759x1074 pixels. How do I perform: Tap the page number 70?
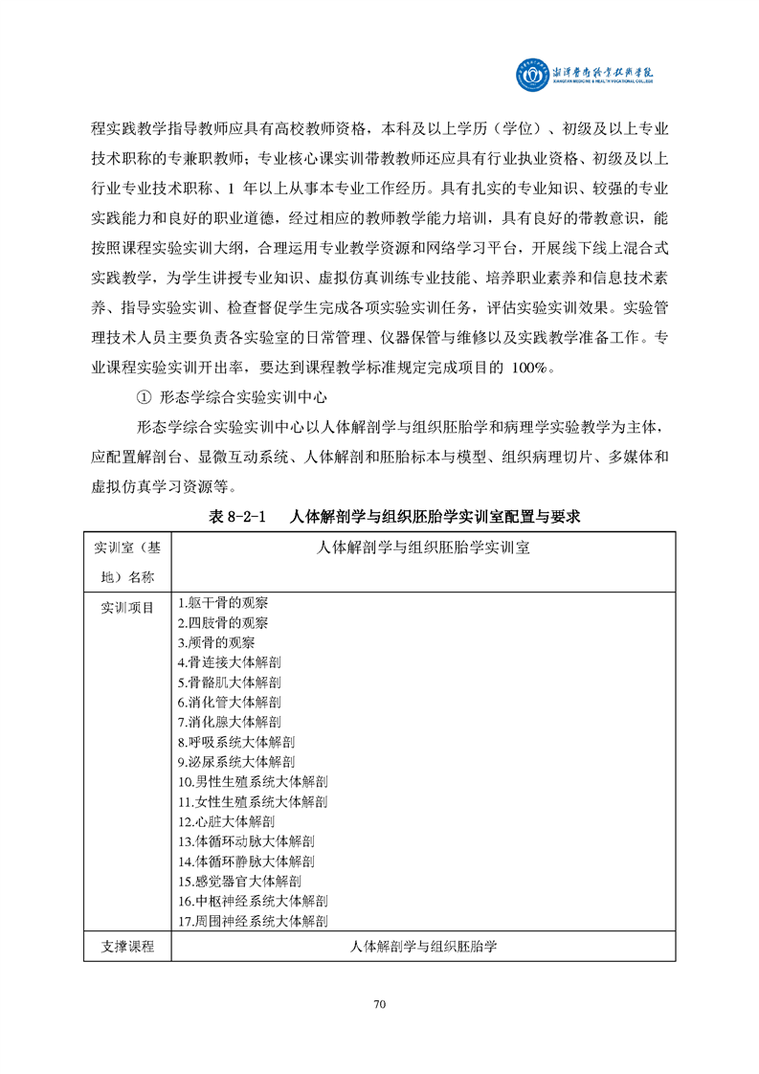pyautogui.click(x=379, y=1004)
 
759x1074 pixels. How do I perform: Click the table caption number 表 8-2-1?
pyautogui.click(x=235, y=516)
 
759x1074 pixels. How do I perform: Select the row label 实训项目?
pyautogui.click(x=126, y=607)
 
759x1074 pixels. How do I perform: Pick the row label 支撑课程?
pyautogui.click(x=126, y=947)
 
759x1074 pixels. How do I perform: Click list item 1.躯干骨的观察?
pyautogui.click(x=223, y=603)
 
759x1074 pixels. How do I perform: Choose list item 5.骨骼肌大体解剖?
pyautogui.click(x=230, y=682)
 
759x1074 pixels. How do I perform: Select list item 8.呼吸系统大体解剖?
pyautogui.click(x=236, y=742)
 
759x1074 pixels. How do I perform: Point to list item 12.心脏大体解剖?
pyautogui.click(x=227, y=821)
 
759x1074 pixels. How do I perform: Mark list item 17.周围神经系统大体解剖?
pyautogui.click(x=254, y=921)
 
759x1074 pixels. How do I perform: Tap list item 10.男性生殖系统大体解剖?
pyautogui.click(x=253, y=782)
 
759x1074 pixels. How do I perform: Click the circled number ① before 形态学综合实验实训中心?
pyautogui.click(x=145, y=397)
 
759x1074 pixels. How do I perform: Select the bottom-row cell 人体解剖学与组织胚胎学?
pyautogui.click(x=423, y=947)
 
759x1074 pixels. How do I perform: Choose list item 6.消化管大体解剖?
pyautogui.click(x=230, y=702)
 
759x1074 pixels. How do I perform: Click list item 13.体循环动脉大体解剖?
pyautogui.click(x=246, y=841)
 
